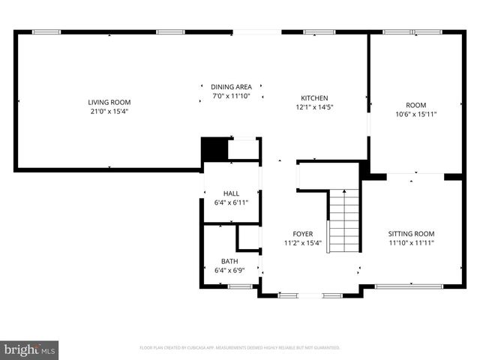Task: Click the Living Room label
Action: click(x=109, y=102)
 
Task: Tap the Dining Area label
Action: click(x=230, y=87)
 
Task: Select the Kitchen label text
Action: click(x=314, y=98)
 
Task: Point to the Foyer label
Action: click(x=302, y=233)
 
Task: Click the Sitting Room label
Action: click(x=411, y=233)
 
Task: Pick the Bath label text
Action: click(x=229, y=261)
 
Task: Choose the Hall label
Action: click(x=230, y=193)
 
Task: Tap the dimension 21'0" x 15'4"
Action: click(x=109, y=112)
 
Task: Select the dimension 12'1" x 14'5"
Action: click(x=314, y=107)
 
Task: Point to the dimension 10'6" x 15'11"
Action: click(x=415, y=114)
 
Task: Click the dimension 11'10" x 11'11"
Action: click(x=411, y=242)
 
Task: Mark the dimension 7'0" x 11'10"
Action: click(x=230, y=96)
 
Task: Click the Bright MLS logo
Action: click(x=30, y=349)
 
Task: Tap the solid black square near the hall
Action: click(x=214, y=148)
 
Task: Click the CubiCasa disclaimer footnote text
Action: click(x=240, y=348)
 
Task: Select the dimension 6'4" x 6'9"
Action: click(x=229, y=270)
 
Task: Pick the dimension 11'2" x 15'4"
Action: click(x=302, y=242)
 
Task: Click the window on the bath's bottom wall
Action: click(x=240, y=286)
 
